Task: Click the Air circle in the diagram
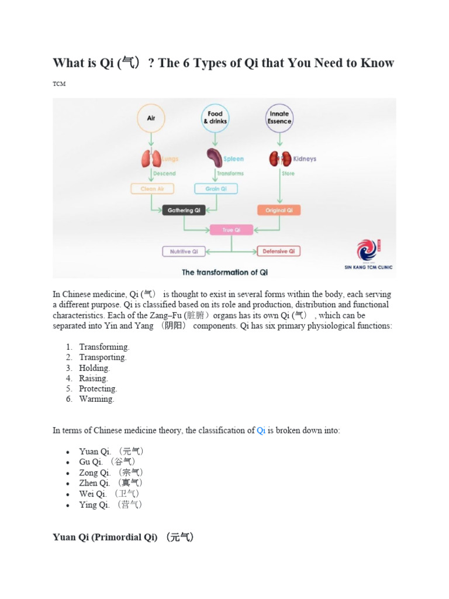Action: (x=151, y=118)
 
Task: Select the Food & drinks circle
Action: (x=215, y=118)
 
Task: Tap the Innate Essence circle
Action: (x=279, y=118)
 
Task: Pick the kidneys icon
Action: (x=279, y=159)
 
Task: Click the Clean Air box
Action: (x=152, y=189)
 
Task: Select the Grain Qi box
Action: (x=213, y=189)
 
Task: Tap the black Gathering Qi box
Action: (x=184, y=211)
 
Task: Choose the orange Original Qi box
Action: (x=279, y=210)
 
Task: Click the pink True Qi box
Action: (x=231, y=230)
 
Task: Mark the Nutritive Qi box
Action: (x=184, y=252)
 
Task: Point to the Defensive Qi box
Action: (x=279, y=252)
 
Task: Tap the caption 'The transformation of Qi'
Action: (x=224, y=272)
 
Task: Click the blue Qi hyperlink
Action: (x=261, y=431)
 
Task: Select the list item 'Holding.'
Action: (x=95, y=368)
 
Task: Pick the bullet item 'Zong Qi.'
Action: (x=95, y=473)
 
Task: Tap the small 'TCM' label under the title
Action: (x=59, y=84)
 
